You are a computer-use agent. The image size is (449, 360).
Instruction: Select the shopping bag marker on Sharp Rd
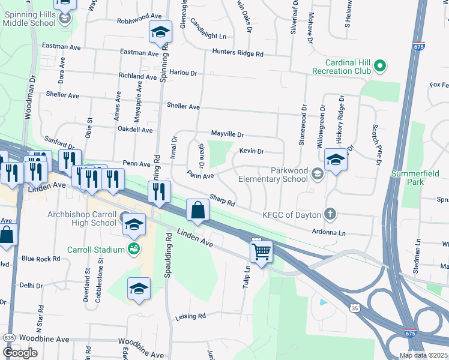tap(197, 211)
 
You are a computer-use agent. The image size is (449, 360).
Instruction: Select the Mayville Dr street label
tap(227, 134)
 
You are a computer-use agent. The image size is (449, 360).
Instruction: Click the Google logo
tap(20, 352)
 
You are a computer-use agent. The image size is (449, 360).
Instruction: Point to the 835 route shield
tap(9, 338)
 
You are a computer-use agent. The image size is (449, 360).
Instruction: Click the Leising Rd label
tap(190, 316)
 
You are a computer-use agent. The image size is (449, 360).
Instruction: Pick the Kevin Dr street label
tap(252, 151)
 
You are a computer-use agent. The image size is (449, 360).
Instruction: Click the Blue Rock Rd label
tap(41, 259)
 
